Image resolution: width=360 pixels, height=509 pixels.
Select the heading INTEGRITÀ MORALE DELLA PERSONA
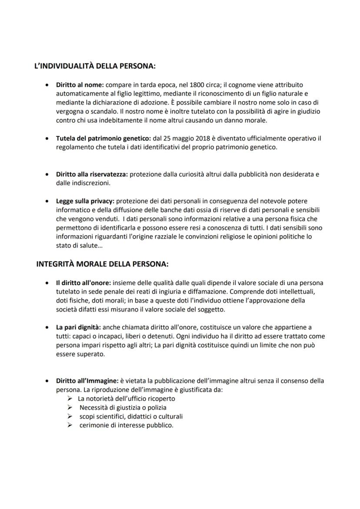(102, 264)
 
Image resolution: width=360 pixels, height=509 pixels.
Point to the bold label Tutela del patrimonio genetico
(103, 138)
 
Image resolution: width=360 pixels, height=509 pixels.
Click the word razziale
(170, 236)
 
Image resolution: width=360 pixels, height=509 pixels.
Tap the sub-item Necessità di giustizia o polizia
(123, 408)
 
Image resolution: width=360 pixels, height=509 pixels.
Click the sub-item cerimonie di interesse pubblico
(126, 426)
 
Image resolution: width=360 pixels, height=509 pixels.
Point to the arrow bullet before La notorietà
(70, 399)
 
